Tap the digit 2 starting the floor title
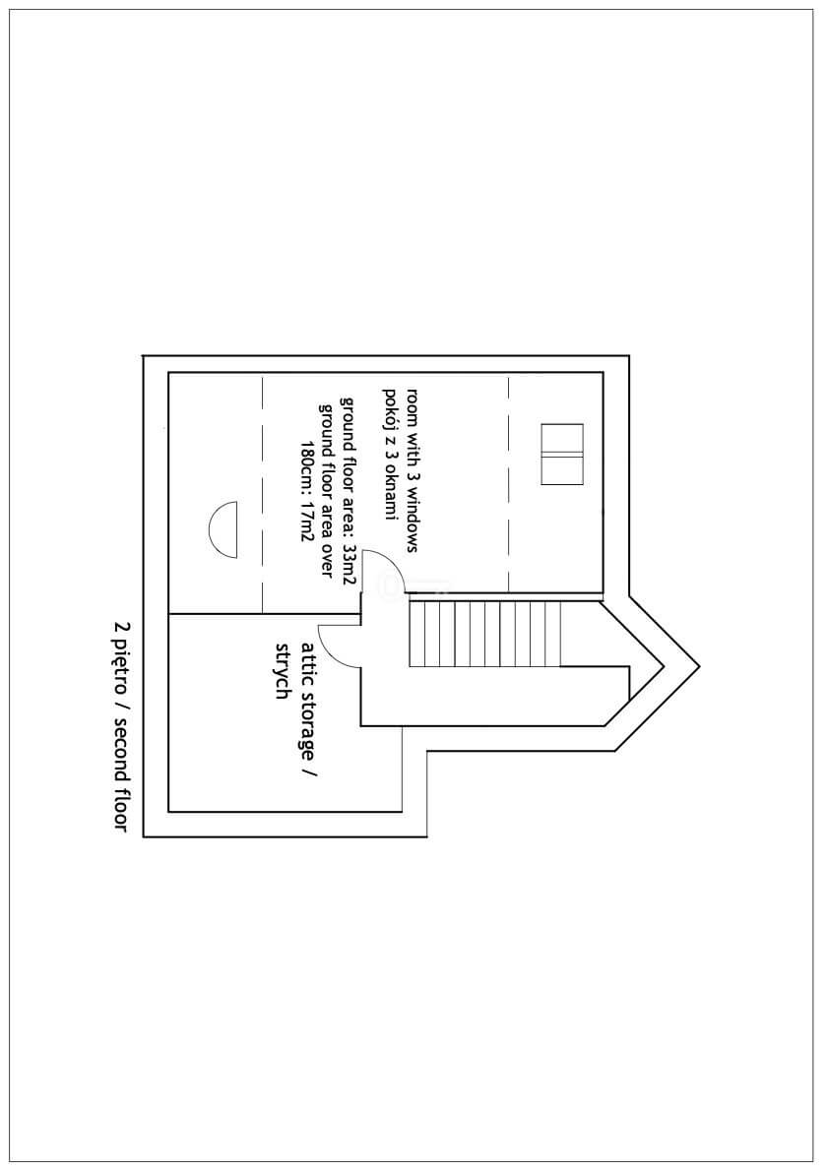(x=120, y=624)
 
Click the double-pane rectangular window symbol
(x=562, y=454)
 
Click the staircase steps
(x=485, y=634)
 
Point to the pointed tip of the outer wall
(x=699, y=665)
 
